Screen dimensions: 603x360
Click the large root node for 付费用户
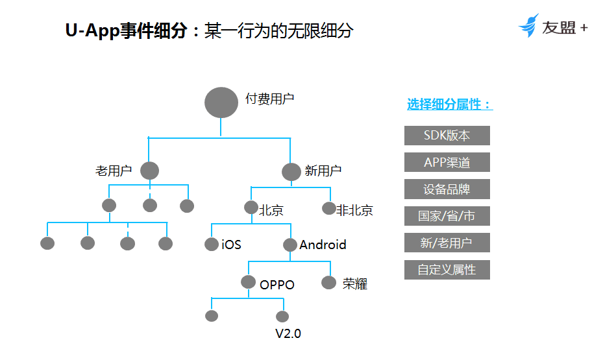(221, 102)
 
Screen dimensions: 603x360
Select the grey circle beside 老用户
(149, 171)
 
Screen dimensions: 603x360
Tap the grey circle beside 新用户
(291, 172)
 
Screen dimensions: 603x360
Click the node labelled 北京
(251, 208)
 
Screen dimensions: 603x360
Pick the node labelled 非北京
(329, 208)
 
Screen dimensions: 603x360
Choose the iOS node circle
(212, 244)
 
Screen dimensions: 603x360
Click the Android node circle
(290, 245)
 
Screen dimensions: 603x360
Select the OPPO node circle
(248, 282)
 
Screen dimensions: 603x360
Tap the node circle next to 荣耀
(329, 282)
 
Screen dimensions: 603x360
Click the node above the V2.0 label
(282, 317)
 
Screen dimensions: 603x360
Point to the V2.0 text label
(288, 333)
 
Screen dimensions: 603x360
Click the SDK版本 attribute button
(447, 135)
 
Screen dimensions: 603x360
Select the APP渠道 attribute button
(447, 162)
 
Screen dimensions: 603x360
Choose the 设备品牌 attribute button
(447, 189)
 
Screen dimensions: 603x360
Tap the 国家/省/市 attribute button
(447, 216)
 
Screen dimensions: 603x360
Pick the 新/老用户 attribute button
(447, 243)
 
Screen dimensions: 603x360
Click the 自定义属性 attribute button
(447, 270)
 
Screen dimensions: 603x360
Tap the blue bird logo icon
(529, 25)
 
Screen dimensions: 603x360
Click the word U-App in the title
(92, 30)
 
